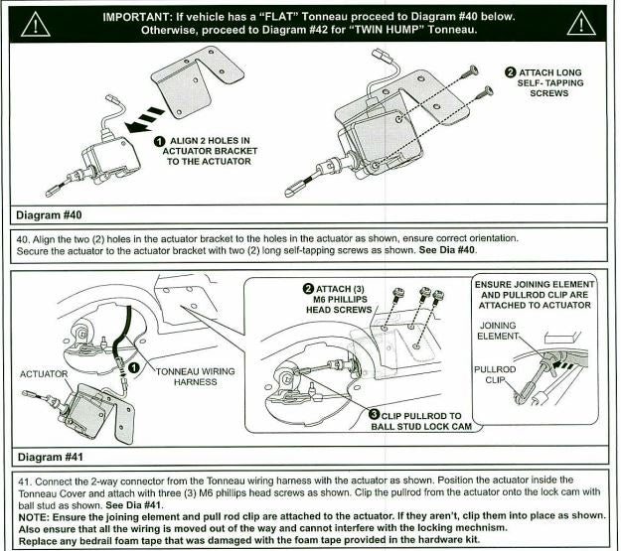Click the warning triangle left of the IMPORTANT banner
(x=35, y=25)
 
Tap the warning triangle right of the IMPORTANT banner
(x=581, y=24)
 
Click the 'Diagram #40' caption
(x=49, y=215)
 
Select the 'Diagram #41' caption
(x=51, y=458)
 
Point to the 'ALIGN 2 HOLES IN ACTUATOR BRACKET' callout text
(x=210, y=151)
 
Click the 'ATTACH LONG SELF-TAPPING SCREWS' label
(x=549, y=83)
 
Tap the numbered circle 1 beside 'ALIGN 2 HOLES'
(x=159, y=141)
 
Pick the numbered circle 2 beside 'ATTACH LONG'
(x=510, y=72)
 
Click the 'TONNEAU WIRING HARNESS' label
(x=196, y=377)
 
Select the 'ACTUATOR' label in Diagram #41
(x=44, y=374)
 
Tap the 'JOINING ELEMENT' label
(x=498, y=331)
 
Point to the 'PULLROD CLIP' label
(x=495, y=375)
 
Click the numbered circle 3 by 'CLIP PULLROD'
(x=375, y=414)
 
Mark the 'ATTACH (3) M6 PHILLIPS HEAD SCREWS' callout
(x=339, y=300)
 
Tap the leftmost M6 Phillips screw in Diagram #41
(x=398, y=293)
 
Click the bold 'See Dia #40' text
(x=447, y=250)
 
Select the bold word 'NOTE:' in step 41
(x=34, y=518)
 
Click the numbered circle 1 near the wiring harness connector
(x=134, y=367)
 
